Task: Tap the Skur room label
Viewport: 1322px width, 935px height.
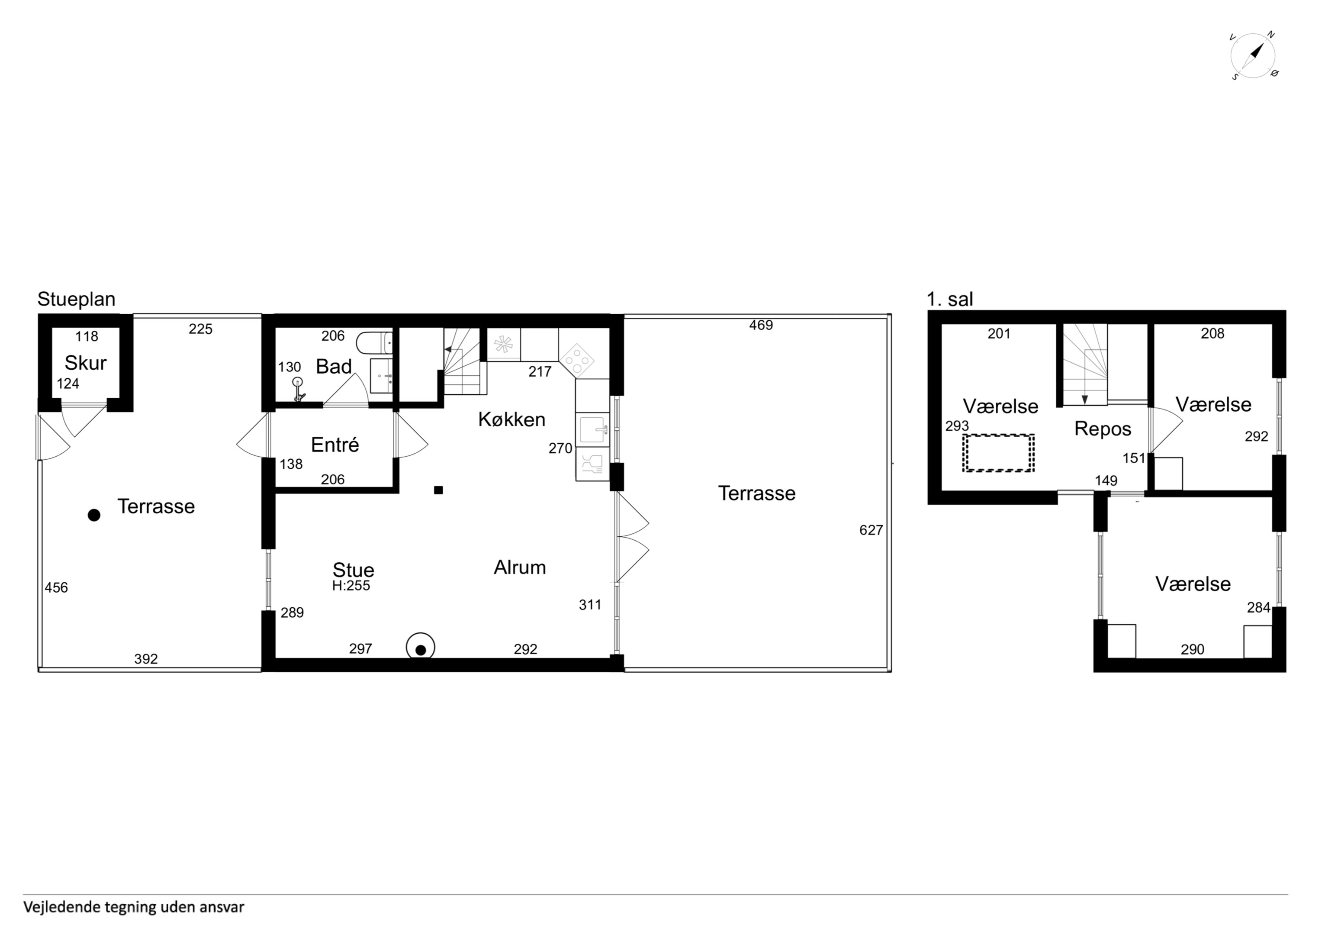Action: pyautogui.click(x=85, y=363)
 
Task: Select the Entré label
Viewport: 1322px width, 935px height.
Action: pyautogui.click(x=335, y=444)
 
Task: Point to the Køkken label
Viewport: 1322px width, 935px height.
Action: pyautogui.click(x=512, y=419)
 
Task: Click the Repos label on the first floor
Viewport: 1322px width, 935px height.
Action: pyautogui.click(x=1103, y=429)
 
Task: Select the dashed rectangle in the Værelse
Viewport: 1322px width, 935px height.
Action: pyautogui.click(x=998, y=453)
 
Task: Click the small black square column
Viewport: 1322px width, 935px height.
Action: pyautogui.click(x=438, y=490)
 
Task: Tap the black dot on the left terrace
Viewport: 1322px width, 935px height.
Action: pyautogui.click(x=94, y=515)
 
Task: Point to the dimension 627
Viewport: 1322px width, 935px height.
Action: pyautogui.click(x=871, y=530)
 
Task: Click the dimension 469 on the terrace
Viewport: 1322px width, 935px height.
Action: pyautogui.click(x=761, y=325)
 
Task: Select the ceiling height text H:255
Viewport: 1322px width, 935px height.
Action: pyautogui.click(x=351, y=586)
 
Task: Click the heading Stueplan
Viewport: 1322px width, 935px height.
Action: pyautogui.click(x=77, y=299)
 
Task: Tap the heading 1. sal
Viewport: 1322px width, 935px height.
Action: pyautogui.click(x=950, y=299)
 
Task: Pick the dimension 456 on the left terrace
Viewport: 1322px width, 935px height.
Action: pyautogui.click(x=56, y=587)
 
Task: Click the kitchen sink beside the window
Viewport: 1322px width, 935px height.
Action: pyautogui.click(x=592, y=430)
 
